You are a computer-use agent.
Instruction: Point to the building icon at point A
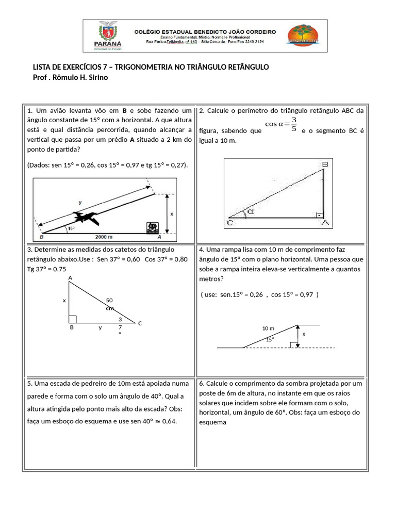tap(152, 228)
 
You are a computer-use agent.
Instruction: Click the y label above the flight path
tap(79, 202)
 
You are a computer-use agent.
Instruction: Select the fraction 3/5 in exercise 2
tap(293, 124)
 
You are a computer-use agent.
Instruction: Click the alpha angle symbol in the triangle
tap(251, 211)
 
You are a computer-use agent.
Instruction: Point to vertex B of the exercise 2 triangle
tap(325, 164)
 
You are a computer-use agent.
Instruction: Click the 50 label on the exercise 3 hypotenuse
tap(109, 300)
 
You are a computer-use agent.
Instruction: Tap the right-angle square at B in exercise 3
tap(73, 319)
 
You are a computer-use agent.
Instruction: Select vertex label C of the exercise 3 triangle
tap(139, 323)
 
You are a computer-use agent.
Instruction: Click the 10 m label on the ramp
tap(268, 328)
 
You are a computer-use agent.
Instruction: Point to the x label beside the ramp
tap(304, 334)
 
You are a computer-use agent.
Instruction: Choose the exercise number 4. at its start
tap(202, 250)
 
